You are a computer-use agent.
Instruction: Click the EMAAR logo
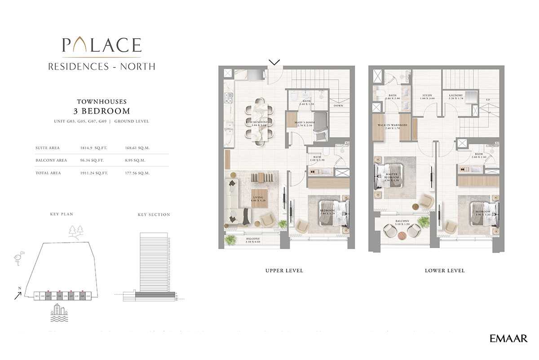pos(509,338)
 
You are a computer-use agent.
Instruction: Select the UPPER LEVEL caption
pos(284,271)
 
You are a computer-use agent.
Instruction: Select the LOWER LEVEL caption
pos(445,271)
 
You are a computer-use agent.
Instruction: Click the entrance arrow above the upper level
pos(274,62)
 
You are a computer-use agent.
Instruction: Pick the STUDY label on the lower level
pos(427,96)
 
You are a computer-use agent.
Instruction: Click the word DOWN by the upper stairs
pos(338,106)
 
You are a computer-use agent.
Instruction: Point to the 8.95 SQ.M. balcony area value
pos(137,160)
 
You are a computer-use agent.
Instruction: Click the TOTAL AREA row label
pos(48,173)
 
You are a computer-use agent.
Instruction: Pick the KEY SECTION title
pos(154,215)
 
